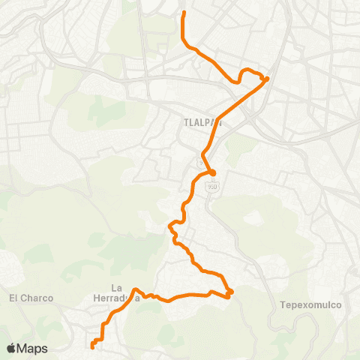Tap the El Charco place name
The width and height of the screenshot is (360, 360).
click(x=31, y=298)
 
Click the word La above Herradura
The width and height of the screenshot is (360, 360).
click(x=116, y=287)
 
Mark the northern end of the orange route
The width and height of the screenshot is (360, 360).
click(x=184, y=13)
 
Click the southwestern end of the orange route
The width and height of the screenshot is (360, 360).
click(x=92, y=346)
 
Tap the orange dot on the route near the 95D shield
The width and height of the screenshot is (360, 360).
click(x=212, y=173)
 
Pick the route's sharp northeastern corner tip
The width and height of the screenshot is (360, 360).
click(x=267, y=79)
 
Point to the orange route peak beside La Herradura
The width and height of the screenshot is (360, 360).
click(x=135, y=289)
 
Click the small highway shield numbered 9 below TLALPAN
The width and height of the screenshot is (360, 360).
click(x=200, y=163)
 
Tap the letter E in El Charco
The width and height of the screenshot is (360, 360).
click(x=12, y=298)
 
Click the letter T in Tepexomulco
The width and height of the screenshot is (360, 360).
click(x=282, y=305)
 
